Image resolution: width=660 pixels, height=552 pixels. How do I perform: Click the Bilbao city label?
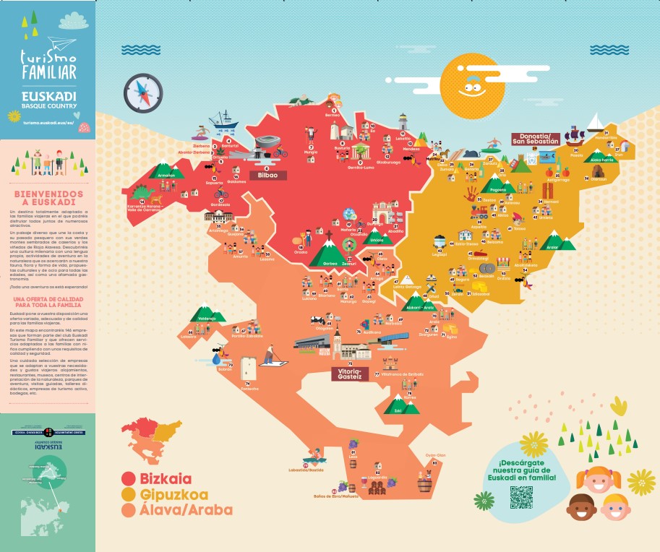(x=268, y=175)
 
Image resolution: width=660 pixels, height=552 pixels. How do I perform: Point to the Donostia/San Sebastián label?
(x=536, y=139)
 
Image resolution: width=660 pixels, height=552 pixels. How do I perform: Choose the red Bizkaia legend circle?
(x=129, y=478)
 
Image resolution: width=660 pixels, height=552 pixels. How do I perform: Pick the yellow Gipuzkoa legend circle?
(x=129, y=494)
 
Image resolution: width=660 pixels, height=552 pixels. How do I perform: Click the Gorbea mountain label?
(x=329, y=263)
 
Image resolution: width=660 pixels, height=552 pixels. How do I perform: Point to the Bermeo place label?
(x=333, y=116)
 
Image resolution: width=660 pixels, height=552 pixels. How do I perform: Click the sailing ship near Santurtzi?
(x=223, y=119)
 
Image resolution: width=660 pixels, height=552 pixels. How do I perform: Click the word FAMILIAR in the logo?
(x=48, y=72)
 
